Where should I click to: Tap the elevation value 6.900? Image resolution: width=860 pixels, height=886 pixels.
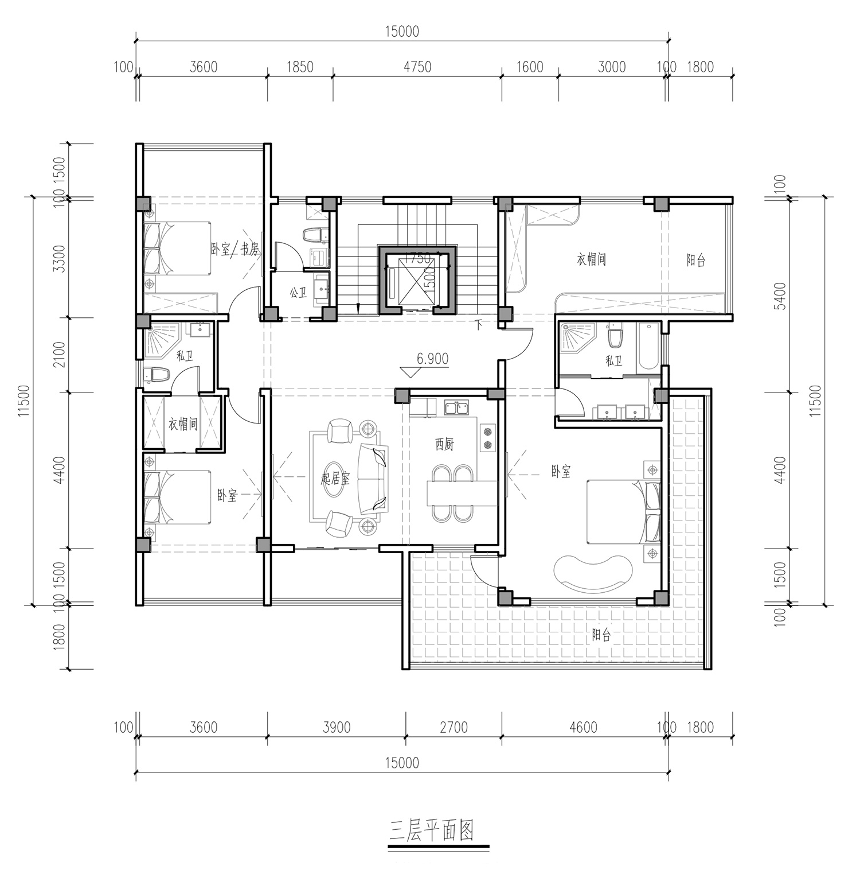coord(432,359)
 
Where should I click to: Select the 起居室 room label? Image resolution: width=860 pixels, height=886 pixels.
coord(335,479)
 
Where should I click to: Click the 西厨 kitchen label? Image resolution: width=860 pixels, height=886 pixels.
coord(444,444)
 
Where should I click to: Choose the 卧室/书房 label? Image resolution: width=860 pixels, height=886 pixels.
coord(235,249)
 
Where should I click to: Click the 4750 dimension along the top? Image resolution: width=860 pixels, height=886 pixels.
coord(417,67)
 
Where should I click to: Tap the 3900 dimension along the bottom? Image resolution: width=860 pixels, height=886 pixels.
coord(336,727)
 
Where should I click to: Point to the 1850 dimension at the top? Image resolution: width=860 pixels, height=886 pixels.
coord(299,67)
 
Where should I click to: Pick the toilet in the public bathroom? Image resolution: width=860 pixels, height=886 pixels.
coord(315,235)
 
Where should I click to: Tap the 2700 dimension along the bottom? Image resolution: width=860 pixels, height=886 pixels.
coord(453,727)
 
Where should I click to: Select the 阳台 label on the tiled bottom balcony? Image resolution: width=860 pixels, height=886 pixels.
coord(601,635)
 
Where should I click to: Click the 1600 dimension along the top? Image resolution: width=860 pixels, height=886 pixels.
coord(529,67)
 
